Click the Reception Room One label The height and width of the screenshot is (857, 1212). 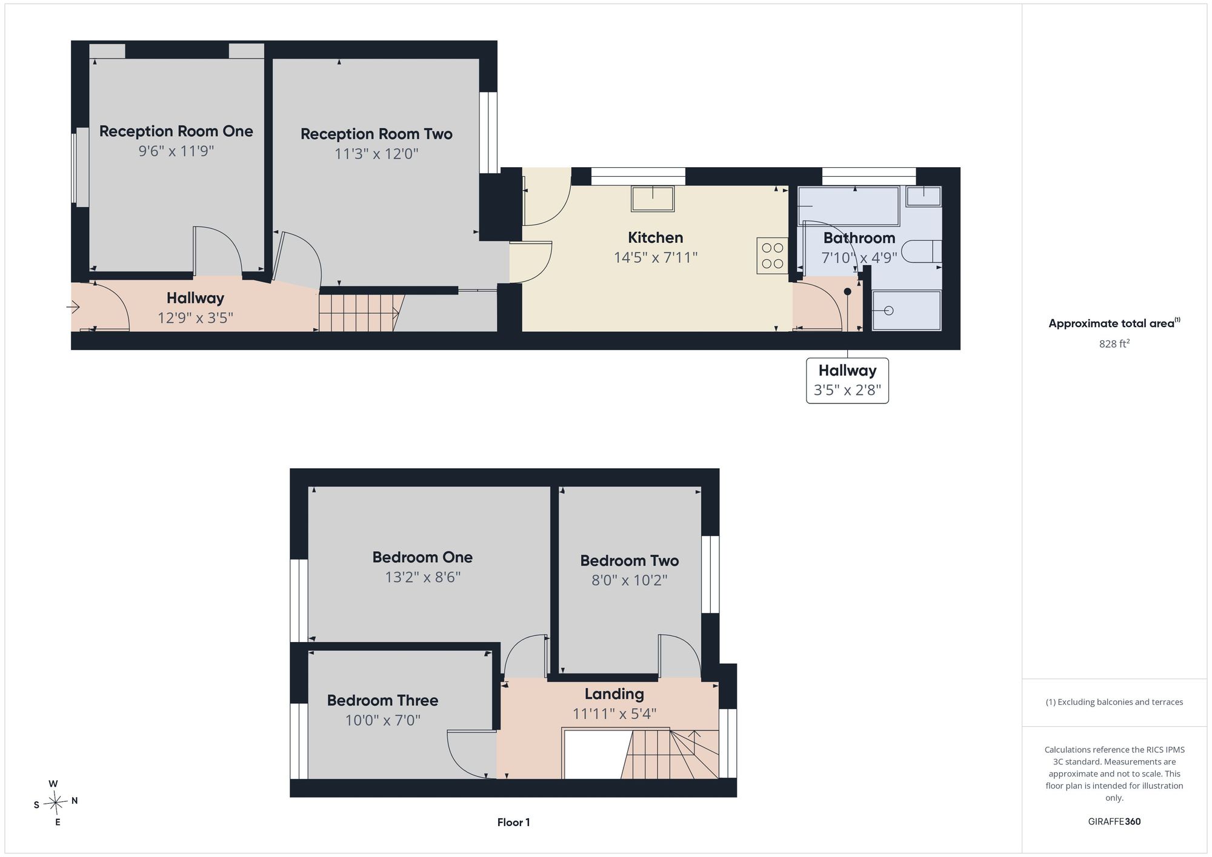tap(176, 131)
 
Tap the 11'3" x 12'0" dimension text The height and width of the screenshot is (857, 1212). tap(376, 154)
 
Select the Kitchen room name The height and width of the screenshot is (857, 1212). tap(655, 237)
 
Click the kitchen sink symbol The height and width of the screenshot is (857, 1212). tap(653, 199)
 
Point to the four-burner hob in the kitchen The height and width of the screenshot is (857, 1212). tap(772, 256)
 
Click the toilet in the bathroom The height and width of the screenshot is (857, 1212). tap(922, 251)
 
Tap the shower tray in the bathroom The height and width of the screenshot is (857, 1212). tap(907, 311)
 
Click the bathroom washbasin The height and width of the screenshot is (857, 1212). tap(924, 196)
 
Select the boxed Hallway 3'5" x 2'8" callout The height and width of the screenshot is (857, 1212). tap(847, 380)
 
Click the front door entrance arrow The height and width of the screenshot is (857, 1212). tap(73, 308)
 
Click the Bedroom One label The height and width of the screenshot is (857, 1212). tap(422, 557)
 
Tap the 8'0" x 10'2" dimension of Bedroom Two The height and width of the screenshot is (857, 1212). tap(630, 580)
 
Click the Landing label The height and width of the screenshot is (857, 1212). tap(614, 694)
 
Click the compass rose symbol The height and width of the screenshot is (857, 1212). tap(55, 803)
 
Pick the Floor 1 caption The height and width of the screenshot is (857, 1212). tap(513, 822)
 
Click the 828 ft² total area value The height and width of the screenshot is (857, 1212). tap(1114, 343)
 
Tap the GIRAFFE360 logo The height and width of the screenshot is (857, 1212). tap(1114, 822)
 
